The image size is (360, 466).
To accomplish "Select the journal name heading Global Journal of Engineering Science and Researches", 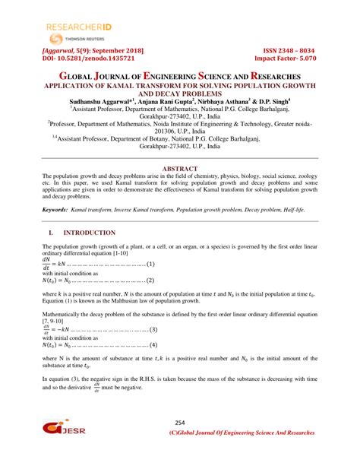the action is point(180,78).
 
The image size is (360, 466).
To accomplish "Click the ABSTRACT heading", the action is point(180,168).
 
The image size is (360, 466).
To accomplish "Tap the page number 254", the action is point(180,423).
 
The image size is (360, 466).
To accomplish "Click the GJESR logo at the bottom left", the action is point(63,430).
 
